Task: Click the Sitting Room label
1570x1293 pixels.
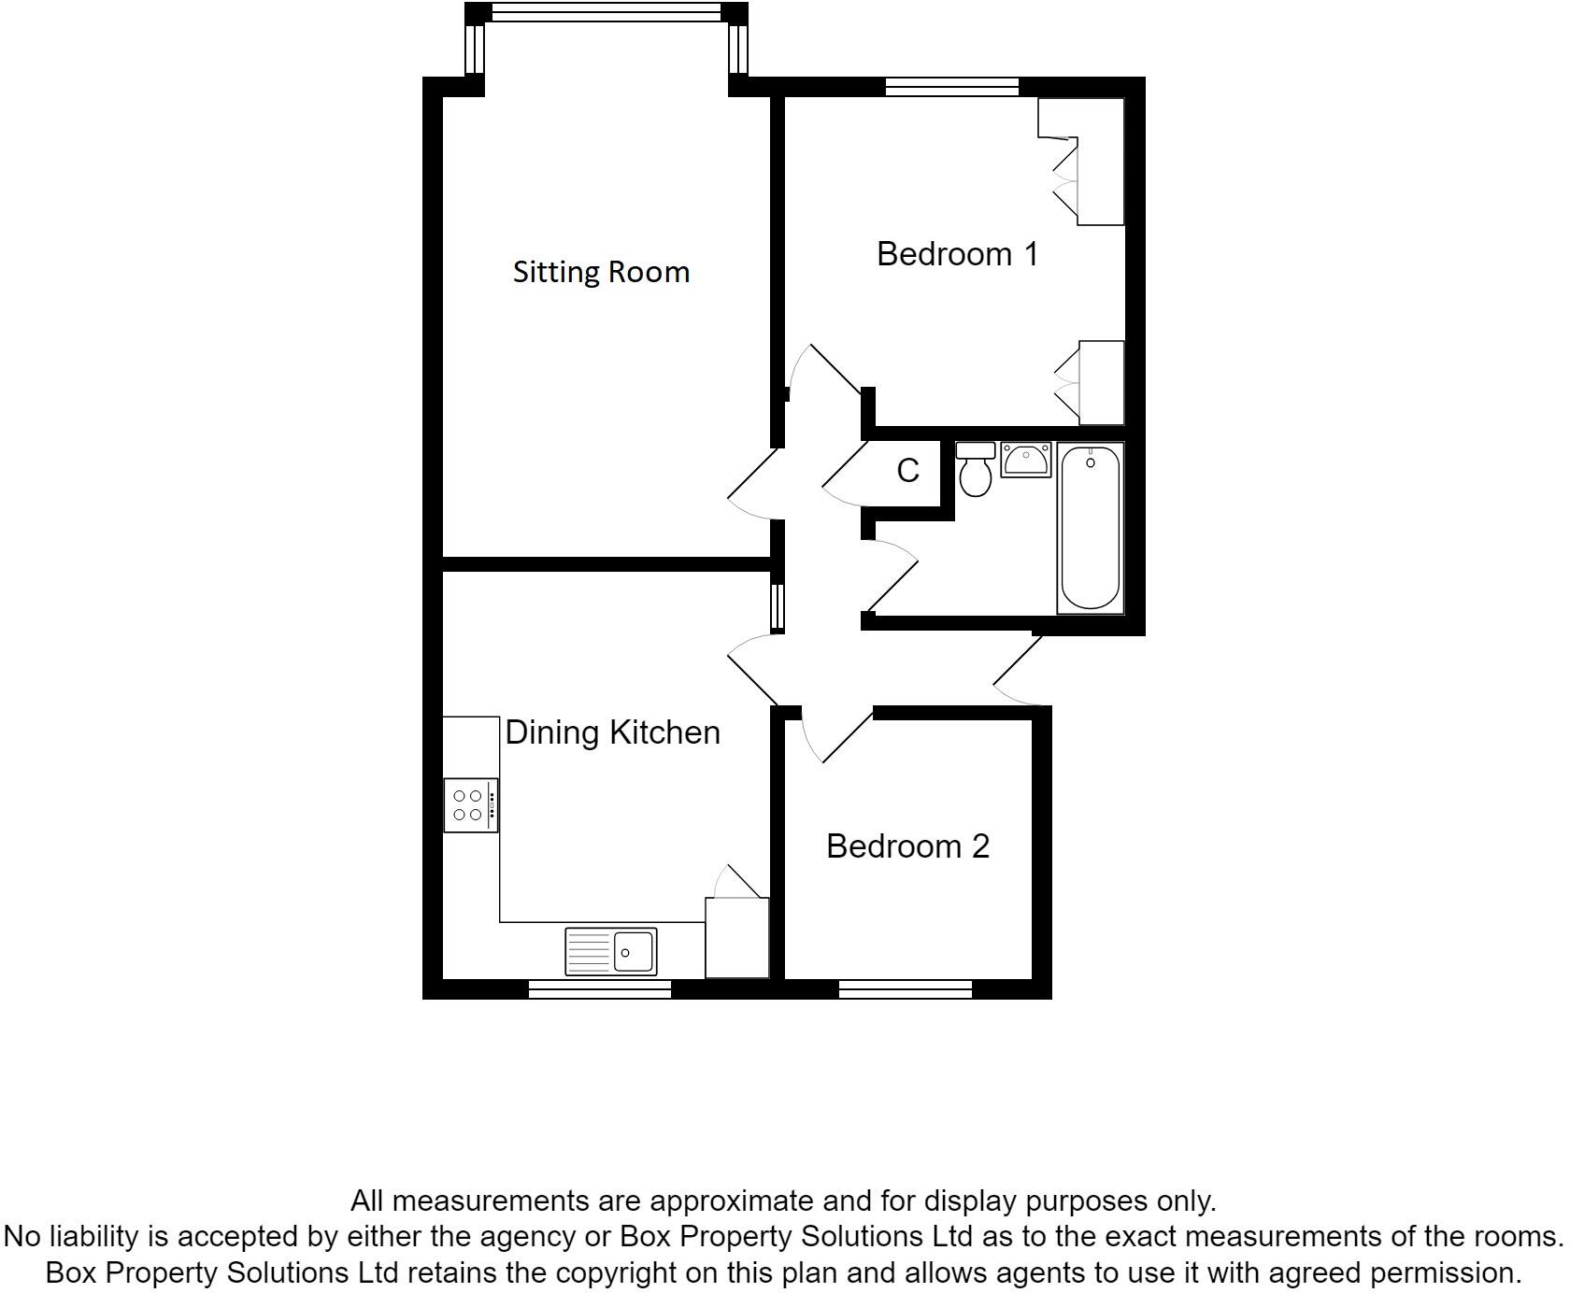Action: [601, 272]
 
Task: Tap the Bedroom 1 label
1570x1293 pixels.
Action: [957, 254]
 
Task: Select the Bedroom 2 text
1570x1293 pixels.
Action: [907, 846]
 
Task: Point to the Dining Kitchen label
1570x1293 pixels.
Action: [612, 732]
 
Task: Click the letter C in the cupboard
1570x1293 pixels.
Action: [907, 471]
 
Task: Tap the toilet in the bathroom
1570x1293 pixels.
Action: [976, 470]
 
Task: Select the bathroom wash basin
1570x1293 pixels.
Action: [1026, 460]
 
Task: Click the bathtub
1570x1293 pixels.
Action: [1090, 528]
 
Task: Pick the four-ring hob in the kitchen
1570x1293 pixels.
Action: [470, 805]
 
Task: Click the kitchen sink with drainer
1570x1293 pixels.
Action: [611, 951]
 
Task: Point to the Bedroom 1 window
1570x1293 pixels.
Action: [951, 87]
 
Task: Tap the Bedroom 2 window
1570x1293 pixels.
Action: [905, 989]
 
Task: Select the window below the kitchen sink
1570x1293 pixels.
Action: [600, 989]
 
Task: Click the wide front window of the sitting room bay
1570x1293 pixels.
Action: [607, 12]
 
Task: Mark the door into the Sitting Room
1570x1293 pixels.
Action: [752, 484]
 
